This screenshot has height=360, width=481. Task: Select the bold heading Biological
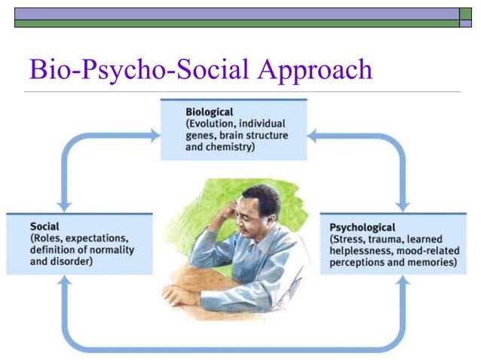click(x=210, y=112)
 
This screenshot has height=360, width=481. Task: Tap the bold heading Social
click(x=44, y=226)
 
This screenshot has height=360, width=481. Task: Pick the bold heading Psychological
click(x=363, y=227)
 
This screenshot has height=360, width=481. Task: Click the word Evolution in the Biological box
click(x=216, y=124)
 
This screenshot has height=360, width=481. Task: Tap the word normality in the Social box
click(x=107, y=250)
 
